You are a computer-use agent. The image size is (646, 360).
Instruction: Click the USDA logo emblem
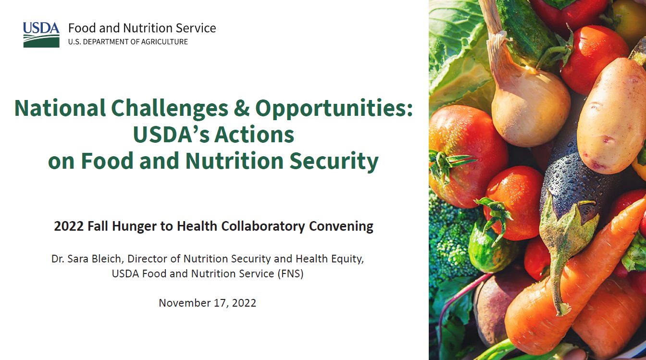(41, 34)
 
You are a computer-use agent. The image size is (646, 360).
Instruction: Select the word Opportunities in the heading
(334, 108)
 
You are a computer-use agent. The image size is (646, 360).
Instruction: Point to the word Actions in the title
(254, 135)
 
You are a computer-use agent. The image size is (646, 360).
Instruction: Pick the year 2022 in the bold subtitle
(69, 226)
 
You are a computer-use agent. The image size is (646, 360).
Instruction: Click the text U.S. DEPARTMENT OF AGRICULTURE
(128, 42)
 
